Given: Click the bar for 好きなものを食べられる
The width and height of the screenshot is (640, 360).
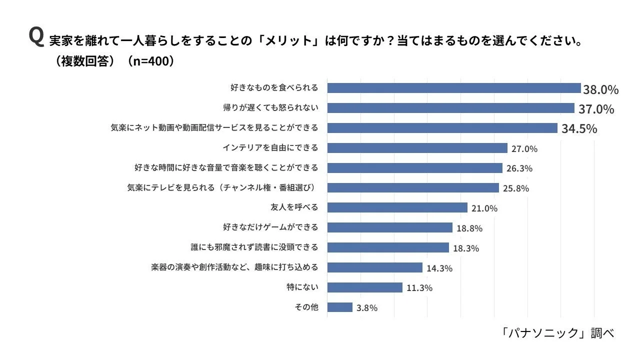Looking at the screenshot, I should pos(453,88).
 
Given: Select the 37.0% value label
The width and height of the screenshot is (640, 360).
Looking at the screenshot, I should pos(596,109).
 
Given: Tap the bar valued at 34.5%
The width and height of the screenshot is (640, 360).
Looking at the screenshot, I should pos(442,128).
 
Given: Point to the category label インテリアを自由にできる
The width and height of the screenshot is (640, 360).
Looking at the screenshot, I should pos(270,147).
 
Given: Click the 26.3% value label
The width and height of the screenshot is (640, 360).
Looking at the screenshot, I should pos(519,168).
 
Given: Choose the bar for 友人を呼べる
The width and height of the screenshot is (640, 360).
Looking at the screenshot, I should pos(397,207).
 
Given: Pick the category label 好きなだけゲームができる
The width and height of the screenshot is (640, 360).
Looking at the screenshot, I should pos(270,227).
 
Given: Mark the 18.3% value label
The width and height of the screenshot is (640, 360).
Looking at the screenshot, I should pos(466,248).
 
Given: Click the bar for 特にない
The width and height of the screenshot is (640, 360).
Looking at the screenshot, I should pos(364,287).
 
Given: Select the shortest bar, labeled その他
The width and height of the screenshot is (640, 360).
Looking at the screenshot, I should pos(339,307).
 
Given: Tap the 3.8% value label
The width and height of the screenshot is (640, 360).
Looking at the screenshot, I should pos(366,308).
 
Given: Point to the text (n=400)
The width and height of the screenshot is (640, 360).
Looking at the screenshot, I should pos(150,61).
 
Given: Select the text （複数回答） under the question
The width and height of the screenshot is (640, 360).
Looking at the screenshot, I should pos(84,61).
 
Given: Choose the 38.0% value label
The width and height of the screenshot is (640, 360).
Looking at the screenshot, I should pos(600,89).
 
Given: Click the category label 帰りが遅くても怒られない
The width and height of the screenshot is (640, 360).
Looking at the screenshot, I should pos(270,107).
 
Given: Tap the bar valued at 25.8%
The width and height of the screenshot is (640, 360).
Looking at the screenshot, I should pos(413,187).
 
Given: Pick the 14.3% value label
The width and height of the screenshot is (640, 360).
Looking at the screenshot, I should pos(439,268).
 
